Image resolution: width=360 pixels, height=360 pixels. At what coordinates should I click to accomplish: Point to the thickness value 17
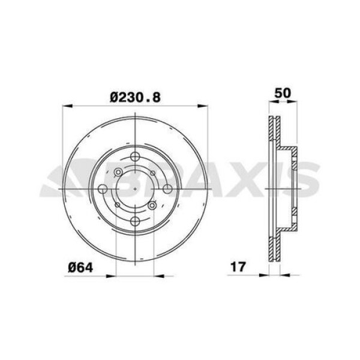coord(238,266)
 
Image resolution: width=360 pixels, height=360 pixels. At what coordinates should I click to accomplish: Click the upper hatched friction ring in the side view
coord(274,128)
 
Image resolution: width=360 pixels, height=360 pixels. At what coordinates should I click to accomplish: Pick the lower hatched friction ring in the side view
coord(274,247)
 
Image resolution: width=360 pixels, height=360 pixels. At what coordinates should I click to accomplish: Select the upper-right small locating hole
coord(152,174)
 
